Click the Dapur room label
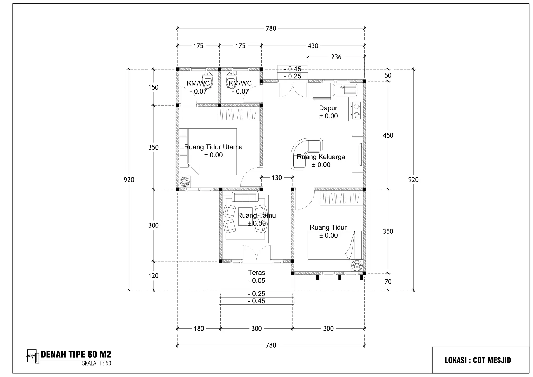point(328,108)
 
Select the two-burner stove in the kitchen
point(356,110)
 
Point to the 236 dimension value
point(336,57)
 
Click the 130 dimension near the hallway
point(277,178)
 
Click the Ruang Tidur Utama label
point(213,147)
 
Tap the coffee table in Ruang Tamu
point(245,216)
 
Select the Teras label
point(256,273)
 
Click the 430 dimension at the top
point(313,46)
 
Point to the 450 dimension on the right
point(388,135)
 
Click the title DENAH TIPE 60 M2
point(76,354)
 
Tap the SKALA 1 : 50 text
point(96,363)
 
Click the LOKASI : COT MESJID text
point(478,360)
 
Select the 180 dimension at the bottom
point(199,329)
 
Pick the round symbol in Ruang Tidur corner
point(357,266)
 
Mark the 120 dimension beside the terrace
point(153,276)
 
